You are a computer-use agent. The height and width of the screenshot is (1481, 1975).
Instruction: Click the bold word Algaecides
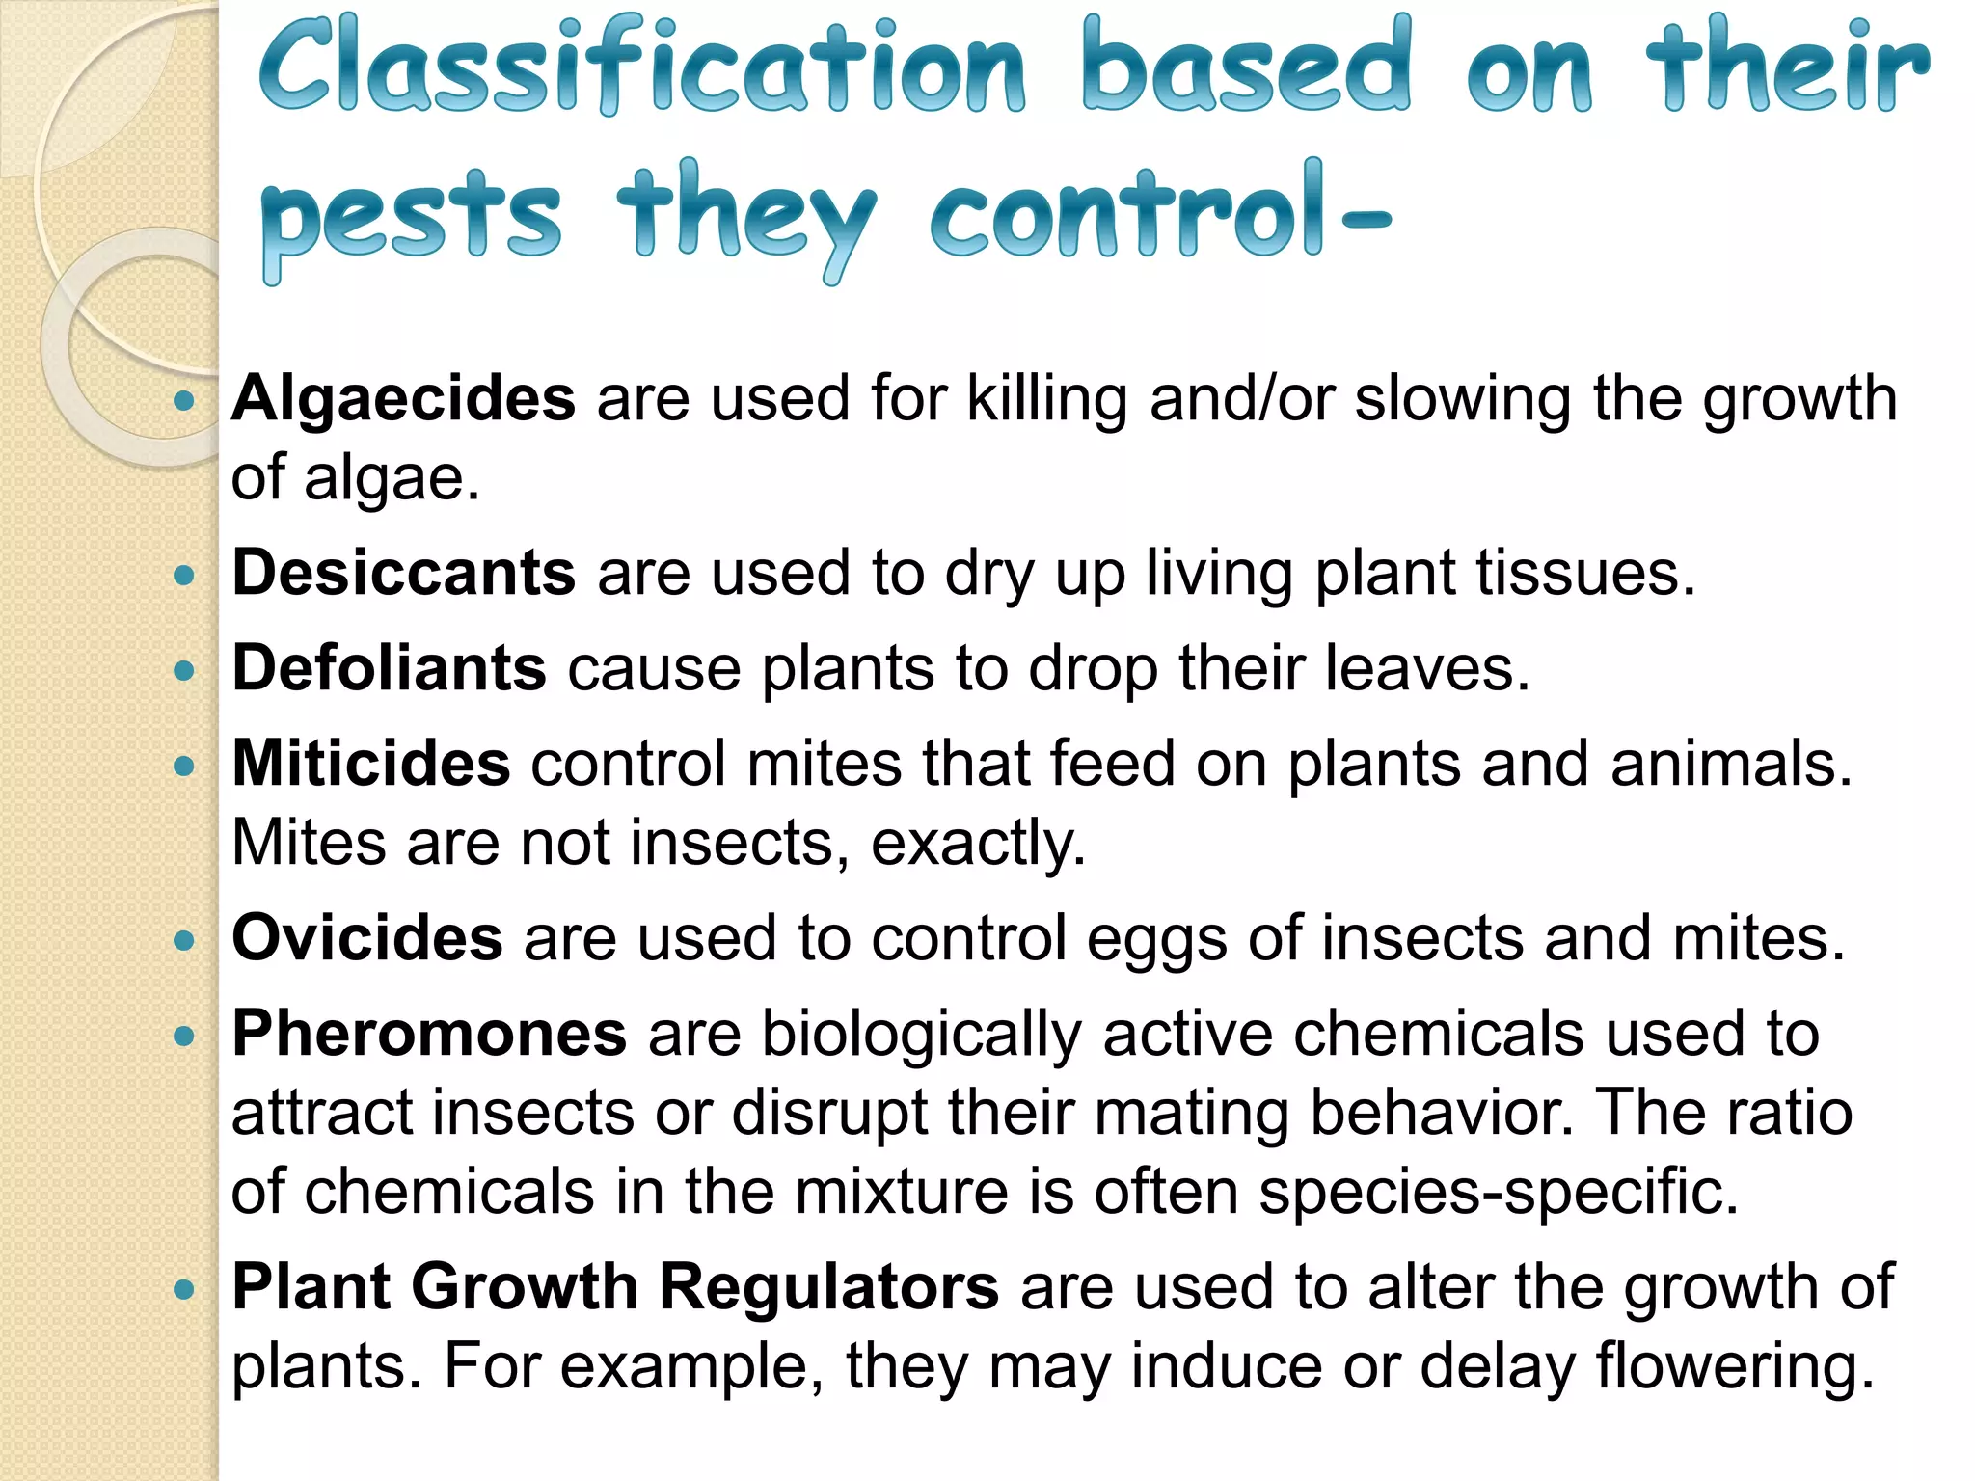(x=403, y=398)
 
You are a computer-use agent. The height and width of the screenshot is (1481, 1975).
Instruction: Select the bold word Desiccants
(x=404, y=573)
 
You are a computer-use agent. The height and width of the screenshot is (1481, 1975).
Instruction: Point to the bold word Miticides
(x=371, y=764)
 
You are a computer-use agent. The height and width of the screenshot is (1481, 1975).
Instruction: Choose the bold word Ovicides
(x=367, y=937)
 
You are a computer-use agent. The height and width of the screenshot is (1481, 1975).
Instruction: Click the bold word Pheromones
(x=429, y=1034)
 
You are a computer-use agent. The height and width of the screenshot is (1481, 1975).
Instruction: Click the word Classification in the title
(x=641, y=67)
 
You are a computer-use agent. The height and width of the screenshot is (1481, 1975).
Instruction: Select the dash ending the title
(x=1365, y=220)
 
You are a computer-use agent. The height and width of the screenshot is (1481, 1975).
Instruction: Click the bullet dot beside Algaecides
(x=184, y=400)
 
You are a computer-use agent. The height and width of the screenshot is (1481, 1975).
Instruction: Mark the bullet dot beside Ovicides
(x=184, y=940)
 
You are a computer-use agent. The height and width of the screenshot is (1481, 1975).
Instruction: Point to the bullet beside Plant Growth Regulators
(x=184, y=1289)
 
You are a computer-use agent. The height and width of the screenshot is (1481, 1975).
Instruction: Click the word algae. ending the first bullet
(x=392, y=478)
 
